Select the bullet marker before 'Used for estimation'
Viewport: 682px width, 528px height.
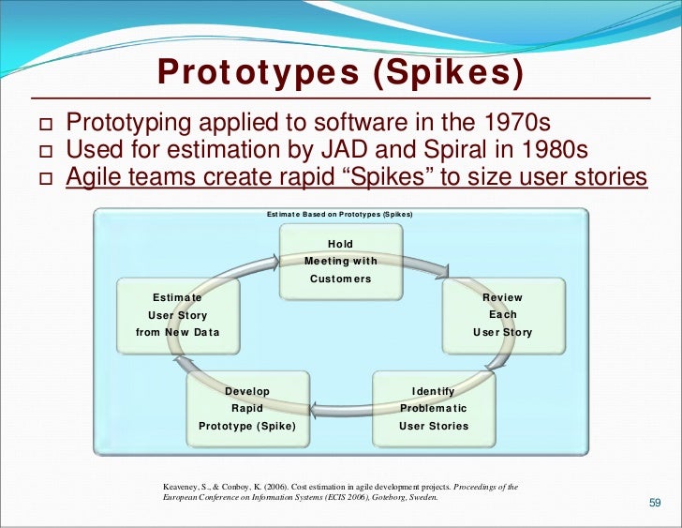tap(42, 151)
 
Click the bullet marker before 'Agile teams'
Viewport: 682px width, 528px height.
tap(42, 178)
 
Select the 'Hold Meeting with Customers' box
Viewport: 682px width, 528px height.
tap(340, 261)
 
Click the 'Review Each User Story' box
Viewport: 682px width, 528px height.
tap(503, 315)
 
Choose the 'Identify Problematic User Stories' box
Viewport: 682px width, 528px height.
tap(434, 408)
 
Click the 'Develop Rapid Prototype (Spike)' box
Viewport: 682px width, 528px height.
tap(247, 408)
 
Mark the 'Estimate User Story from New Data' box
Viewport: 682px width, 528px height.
tap(177, 315)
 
